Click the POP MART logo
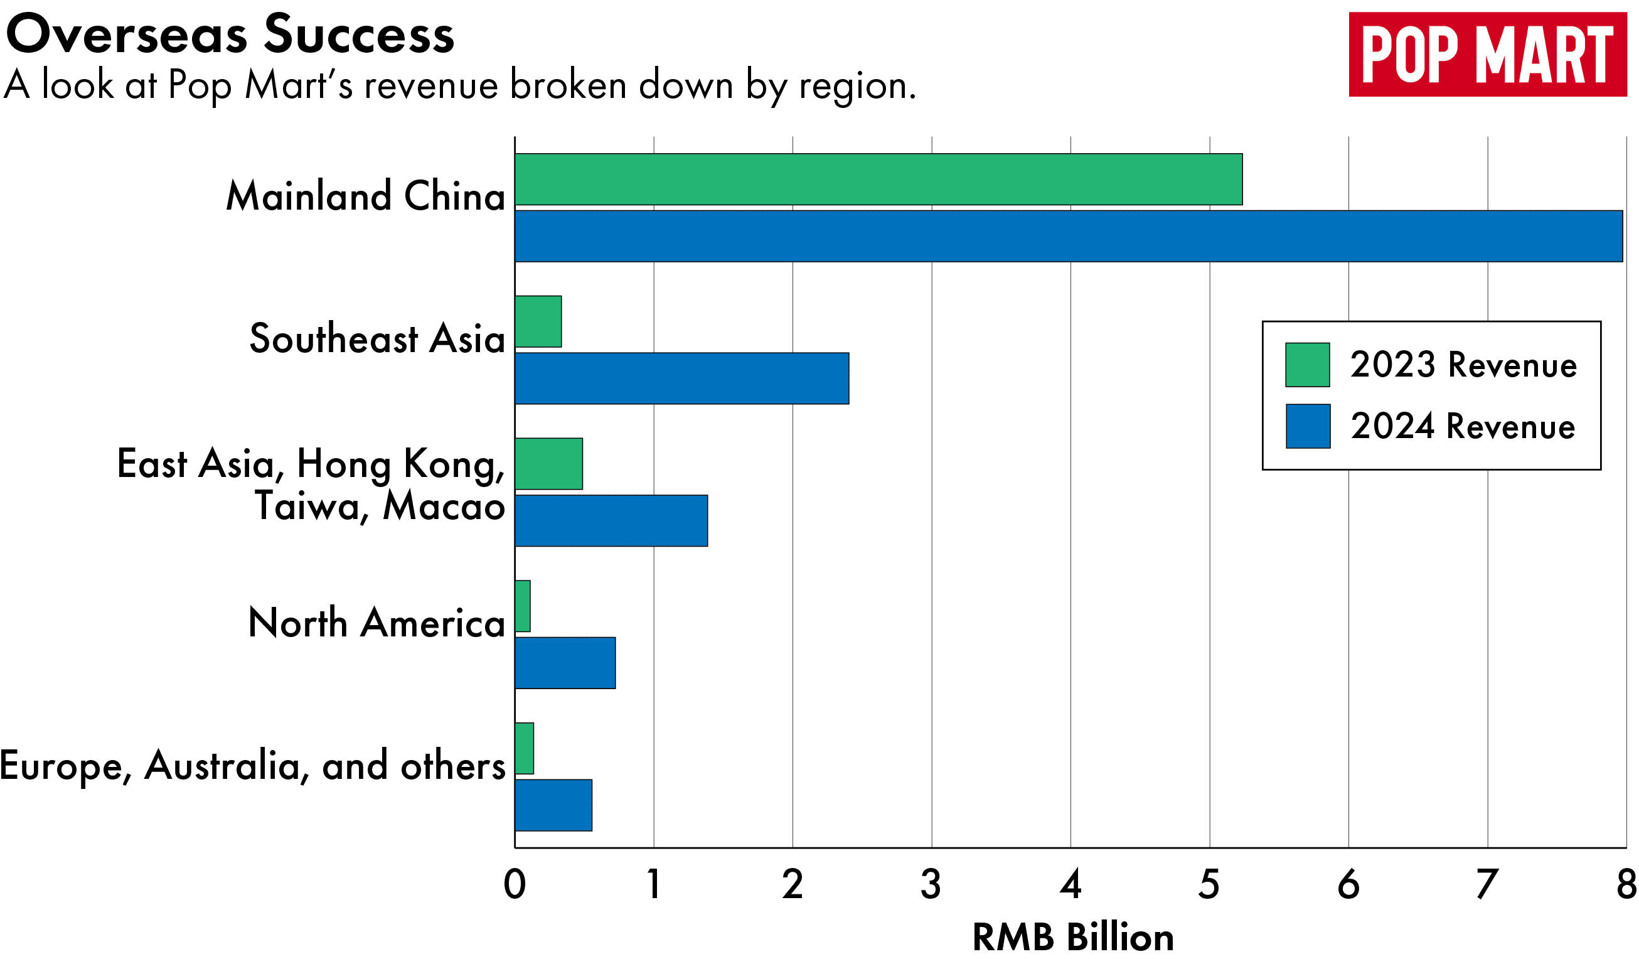[x=1487, y=55]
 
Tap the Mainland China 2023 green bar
[x=878, y=179]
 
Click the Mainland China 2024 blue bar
[x=1068, y=236]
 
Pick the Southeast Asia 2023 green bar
[x=538, y=321]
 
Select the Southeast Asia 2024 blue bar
[x=681, y=378]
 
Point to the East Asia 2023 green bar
[x=548, y=464]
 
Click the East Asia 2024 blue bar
[x=611, y=520]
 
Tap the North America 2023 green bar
[x=522, y=606]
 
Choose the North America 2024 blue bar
[x=565, y=663]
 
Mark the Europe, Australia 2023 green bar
[x=524, y=748]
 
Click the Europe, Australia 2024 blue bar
[x=553, y=805]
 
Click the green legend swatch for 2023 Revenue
[x=1307, y=365]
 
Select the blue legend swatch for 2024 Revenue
[x=1307, y=426]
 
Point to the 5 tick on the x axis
[x=1209, y=885]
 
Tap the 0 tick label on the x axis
[x=515, y=885]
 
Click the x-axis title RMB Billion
[x=1072, y=938]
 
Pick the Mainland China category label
[x=366, y=196]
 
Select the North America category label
[x=376, y=623]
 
